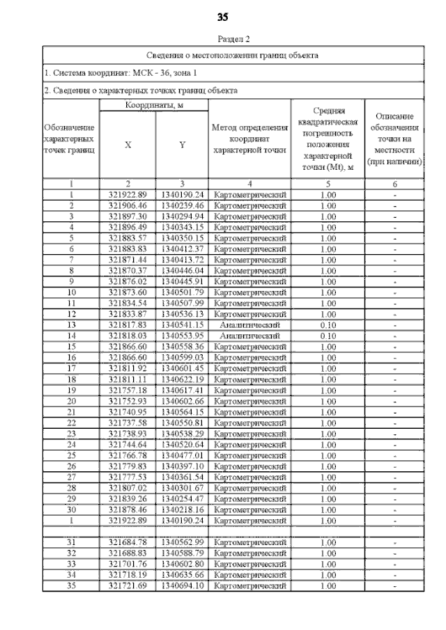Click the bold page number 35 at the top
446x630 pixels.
(x=223, y=17)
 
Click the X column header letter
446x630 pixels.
(x=128, y=145)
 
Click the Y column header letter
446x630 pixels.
(x=181, y=145)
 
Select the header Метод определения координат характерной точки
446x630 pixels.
(x=249, y=139)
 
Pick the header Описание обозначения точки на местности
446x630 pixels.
(x=394, y=139)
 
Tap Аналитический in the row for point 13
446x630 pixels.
(x=249, y=325)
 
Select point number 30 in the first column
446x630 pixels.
(x=71, y=510)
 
